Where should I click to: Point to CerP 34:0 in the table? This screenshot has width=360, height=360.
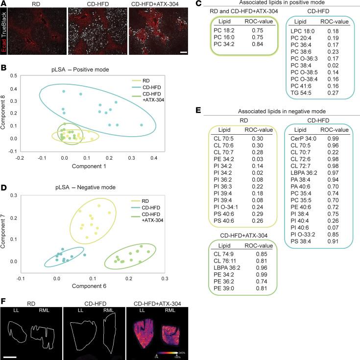click(305, 139)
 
